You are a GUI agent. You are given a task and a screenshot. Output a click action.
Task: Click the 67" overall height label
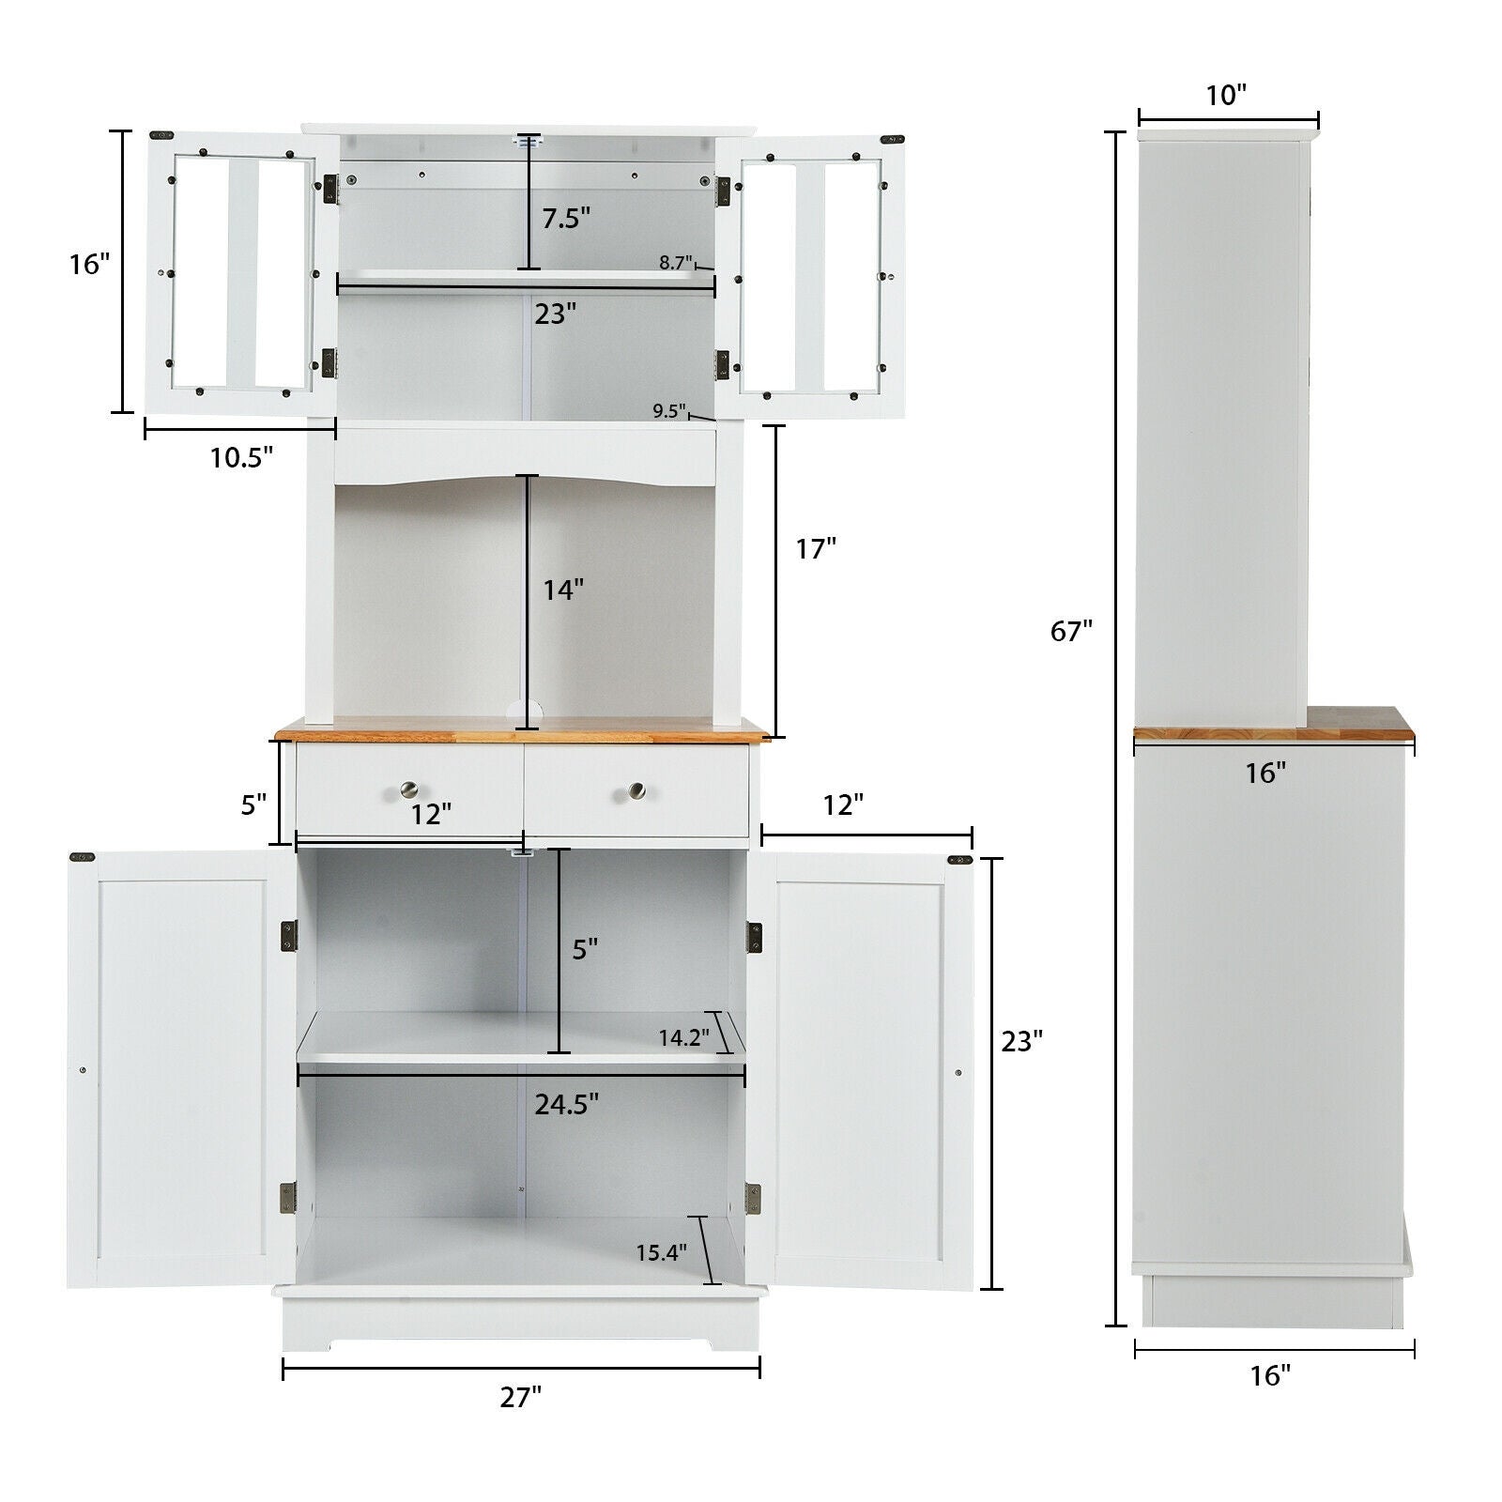point(1072,632)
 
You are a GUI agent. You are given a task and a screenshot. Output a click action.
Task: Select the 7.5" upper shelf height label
point(566,218)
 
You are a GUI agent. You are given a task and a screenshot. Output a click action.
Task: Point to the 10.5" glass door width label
point(241,457)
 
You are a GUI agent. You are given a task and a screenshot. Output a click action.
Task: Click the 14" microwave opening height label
point(563,590)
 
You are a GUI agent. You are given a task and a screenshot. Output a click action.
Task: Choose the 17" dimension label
point(816,548)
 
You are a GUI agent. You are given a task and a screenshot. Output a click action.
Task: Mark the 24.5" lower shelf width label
point(567,1104)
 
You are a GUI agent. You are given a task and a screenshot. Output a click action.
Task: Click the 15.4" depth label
point(661,1251)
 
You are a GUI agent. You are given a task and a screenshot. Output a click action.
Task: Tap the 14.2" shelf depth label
point(683,1038)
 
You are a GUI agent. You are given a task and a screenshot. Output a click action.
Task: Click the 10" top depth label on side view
point(1226,95)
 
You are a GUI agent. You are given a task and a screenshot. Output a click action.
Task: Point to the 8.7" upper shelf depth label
point(675,263)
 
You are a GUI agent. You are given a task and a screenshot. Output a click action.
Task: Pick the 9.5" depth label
point(669,410)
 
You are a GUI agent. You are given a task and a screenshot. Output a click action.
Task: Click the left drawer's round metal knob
point(409,789)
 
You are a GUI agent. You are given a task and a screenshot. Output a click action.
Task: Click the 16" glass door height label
point(90,265)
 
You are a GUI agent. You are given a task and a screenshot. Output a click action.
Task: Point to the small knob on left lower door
point(83,1070)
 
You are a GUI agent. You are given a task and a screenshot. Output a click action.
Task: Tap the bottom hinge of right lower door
point(753,1194)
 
